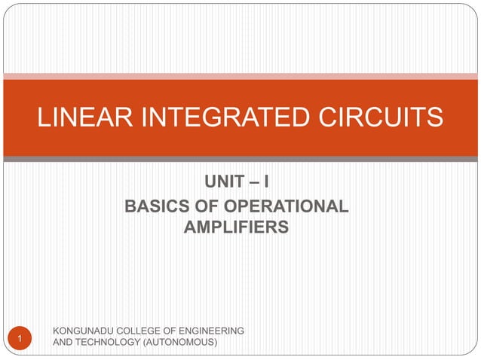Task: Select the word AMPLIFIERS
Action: (x=236, y=226)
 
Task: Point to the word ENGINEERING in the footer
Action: (x=213, y=331)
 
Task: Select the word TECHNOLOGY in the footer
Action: (x=108, y=343)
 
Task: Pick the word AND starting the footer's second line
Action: (x=60, y=343)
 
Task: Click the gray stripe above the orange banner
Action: (x=240, y=75)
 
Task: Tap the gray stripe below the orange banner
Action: (x=240, y=160)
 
